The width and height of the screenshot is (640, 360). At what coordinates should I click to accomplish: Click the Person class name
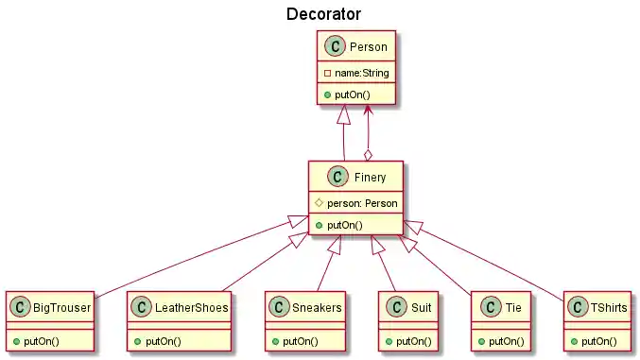[368, 46]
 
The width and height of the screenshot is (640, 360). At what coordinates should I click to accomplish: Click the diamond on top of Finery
[369, 154]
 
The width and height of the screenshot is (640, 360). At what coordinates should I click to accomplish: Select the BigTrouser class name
[61, 307]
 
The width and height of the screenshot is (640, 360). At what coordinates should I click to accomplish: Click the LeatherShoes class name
[190, 307]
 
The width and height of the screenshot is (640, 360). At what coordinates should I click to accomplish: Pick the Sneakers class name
[315, 307]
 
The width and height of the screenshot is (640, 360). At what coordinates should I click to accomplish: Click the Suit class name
[421, 307]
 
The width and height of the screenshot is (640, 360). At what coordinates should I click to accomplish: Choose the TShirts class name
[607, 307]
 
